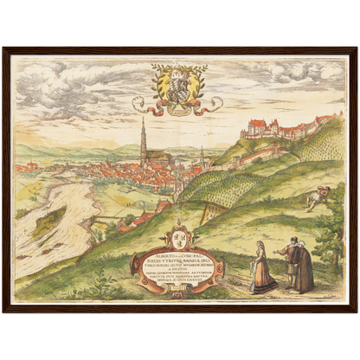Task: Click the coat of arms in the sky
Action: (178, 86)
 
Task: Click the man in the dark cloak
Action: (303, 267)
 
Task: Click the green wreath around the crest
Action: (159, 82)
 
